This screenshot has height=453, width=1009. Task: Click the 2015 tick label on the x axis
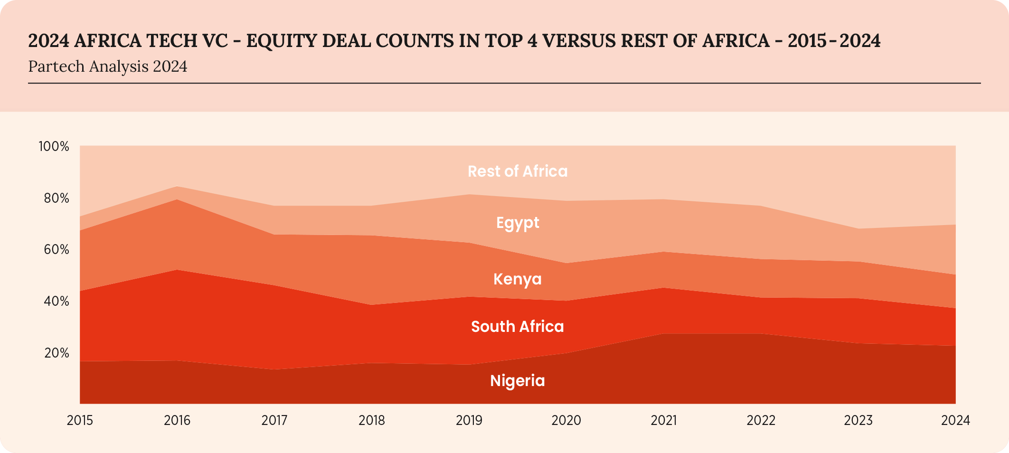coord(80,420)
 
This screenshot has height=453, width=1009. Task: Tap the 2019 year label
coord(469,420)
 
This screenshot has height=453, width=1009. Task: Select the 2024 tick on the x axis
coord(955,420)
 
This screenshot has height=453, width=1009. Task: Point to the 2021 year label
coord(663,420)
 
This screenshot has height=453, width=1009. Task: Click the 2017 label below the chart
coord(274,420)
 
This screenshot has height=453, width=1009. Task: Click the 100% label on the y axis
coord(54,146)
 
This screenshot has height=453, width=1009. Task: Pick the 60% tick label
coord(57,249)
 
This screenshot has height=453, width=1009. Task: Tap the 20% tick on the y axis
coord(57,353)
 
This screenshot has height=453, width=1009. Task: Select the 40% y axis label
coord(57,301)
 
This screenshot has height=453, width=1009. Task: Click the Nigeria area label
coord(517,381)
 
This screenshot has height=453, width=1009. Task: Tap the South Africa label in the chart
coord(517,327)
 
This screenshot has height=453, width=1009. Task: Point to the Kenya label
coord(517,279)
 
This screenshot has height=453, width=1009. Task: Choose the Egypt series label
coord(518,223)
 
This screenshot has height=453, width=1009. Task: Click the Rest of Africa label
coord(518,171)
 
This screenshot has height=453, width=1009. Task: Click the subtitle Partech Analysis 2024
coord(108,66)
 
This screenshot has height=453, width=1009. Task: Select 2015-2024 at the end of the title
coord(834,41)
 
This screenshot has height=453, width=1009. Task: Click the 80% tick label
coord(57,198)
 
